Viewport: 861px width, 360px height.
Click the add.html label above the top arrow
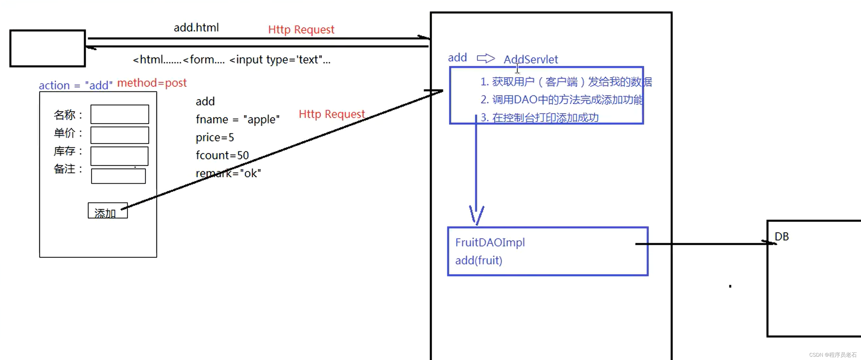tap(196, 27)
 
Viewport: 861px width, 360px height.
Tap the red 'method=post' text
tap(152, 83)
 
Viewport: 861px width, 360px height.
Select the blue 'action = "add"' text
tap(75, 85)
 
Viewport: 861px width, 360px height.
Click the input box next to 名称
tap(120, 114)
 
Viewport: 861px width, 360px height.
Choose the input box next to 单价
tap(120, 135)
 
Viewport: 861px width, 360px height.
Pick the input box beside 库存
tap(119, 156)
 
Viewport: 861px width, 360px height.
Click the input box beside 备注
tap(118, 176)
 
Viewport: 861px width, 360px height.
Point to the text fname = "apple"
tap(237, 119)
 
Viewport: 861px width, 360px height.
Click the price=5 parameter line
tap(215, 137)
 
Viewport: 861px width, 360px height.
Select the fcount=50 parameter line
tap(222, 155)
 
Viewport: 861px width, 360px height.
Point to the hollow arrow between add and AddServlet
tap(485, 58)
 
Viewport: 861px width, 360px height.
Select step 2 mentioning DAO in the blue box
tap(561, 100)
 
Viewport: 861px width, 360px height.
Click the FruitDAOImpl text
tap(490, 242)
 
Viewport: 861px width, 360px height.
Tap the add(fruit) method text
tap(479, 260)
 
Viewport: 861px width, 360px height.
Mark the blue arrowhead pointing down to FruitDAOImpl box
tap(476, 216)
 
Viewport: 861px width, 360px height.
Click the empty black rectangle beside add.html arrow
tap(48, 48)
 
